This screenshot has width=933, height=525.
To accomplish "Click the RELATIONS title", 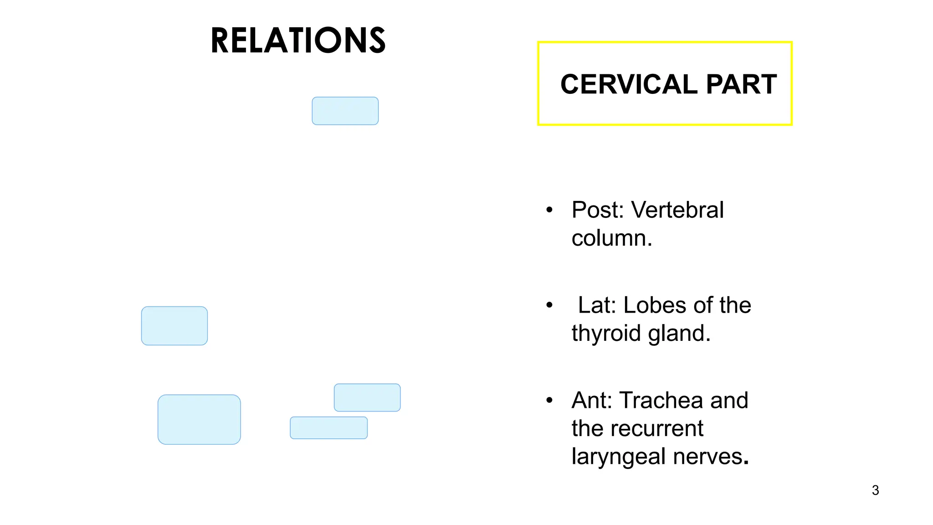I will [x=298, y=41].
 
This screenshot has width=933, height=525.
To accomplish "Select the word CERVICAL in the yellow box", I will [x=629, y=84].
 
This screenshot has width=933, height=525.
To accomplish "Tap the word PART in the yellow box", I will [x=741, y=84].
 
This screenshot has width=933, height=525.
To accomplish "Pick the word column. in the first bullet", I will [x=612, y=238].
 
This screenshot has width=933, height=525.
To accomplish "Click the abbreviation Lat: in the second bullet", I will [x=597, y=305].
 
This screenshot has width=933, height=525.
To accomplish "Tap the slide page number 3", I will [x=875, y=490].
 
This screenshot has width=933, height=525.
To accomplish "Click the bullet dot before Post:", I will [x=549, y=210].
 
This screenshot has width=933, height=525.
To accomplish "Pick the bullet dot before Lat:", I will [x=549, y=305].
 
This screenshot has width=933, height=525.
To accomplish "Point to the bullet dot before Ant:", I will [x=549, y=401].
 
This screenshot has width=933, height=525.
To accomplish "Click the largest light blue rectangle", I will [x=199, y=419].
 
